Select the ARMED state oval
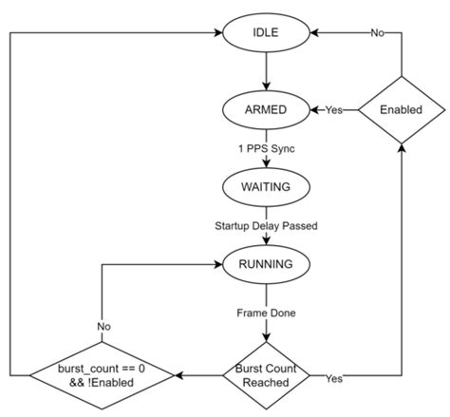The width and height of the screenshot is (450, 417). pos(266,109)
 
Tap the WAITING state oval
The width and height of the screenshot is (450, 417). pos(266,186)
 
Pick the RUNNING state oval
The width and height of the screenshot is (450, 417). pos(266,262)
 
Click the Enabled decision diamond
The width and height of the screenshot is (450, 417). pos(403,109)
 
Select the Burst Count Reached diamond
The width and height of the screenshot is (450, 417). pos(267,377)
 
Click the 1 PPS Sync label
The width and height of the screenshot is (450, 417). pos(266,148)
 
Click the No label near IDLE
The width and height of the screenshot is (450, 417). pos(377,32)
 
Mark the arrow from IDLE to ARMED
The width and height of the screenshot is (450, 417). pos(266,70)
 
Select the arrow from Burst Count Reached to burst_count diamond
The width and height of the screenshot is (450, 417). pos(200,377)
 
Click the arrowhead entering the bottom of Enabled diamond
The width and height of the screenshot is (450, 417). pos(403,151)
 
